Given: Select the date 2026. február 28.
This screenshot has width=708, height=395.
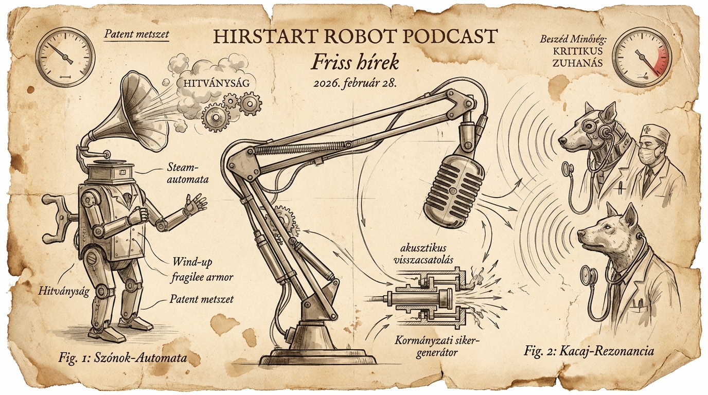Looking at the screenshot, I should (355, 83).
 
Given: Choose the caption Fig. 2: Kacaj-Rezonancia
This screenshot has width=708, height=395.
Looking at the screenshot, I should (589, 351).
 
